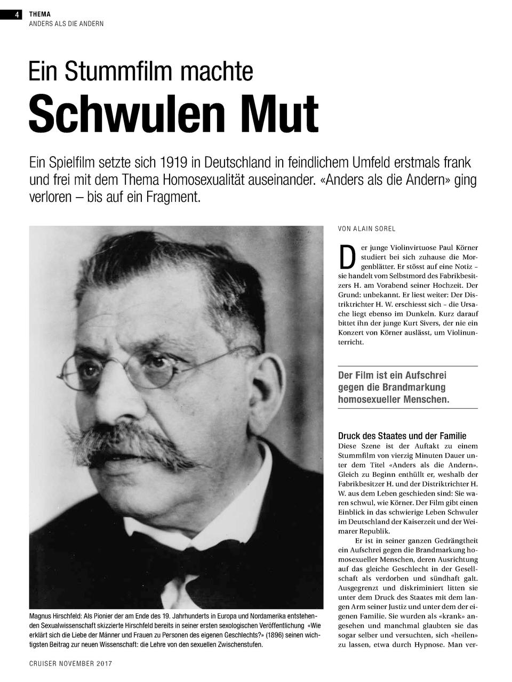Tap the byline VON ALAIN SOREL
click(366, 229)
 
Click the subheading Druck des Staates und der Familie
click(402, 436)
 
